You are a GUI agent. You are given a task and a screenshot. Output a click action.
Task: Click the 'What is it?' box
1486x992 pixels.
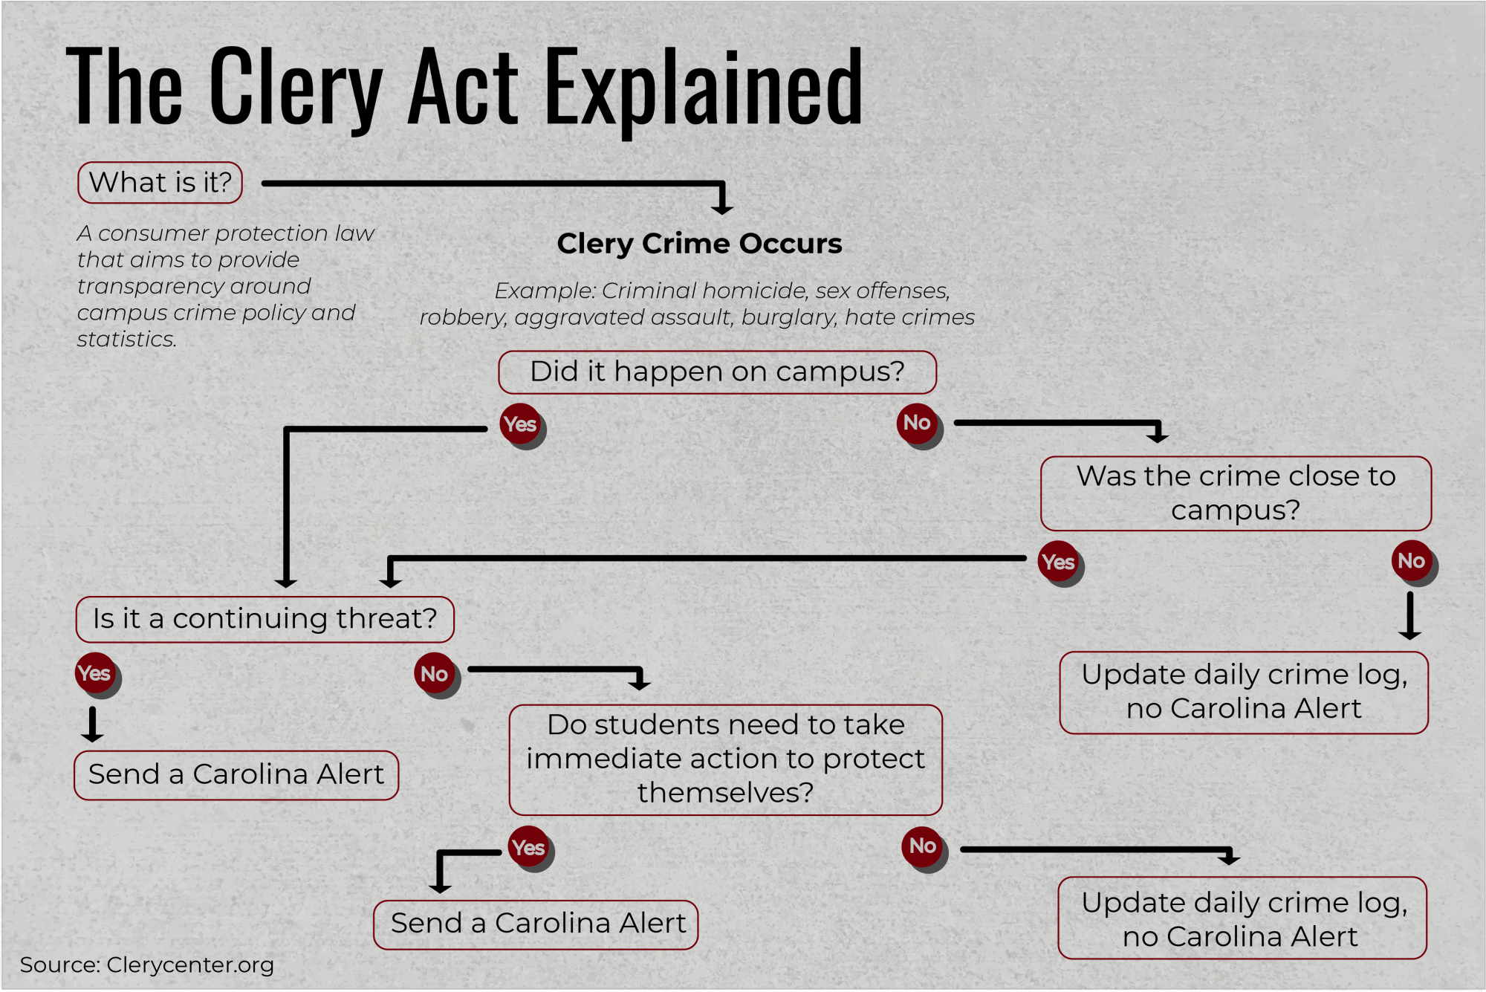pyautogui.click(x=160, y=182)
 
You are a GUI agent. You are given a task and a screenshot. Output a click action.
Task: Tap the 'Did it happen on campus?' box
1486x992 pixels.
pyautogui.click(x=717, y=372)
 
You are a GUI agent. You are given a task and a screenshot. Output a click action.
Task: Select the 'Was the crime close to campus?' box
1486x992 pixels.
pyautogui.click(x=1236, y=493)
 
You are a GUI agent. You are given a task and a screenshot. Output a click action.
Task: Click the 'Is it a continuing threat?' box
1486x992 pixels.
pyautogui.click(x=265, y=619)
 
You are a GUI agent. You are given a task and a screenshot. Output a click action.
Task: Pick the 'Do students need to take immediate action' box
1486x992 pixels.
pyautogui.click(x=725, y=759)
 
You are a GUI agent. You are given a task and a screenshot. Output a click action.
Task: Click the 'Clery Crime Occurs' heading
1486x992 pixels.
pyautogui.click(x=699, y=243)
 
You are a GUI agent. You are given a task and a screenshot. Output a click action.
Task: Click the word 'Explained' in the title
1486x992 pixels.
pyautogui.click(x=704, y=88)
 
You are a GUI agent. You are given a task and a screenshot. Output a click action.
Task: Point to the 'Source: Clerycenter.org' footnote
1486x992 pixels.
pyautogui.click(x=147, y=965)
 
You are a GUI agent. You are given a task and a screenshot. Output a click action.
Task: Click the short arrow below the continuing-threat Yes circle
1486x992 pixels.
pyautogui.click(x=92, y=724)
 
